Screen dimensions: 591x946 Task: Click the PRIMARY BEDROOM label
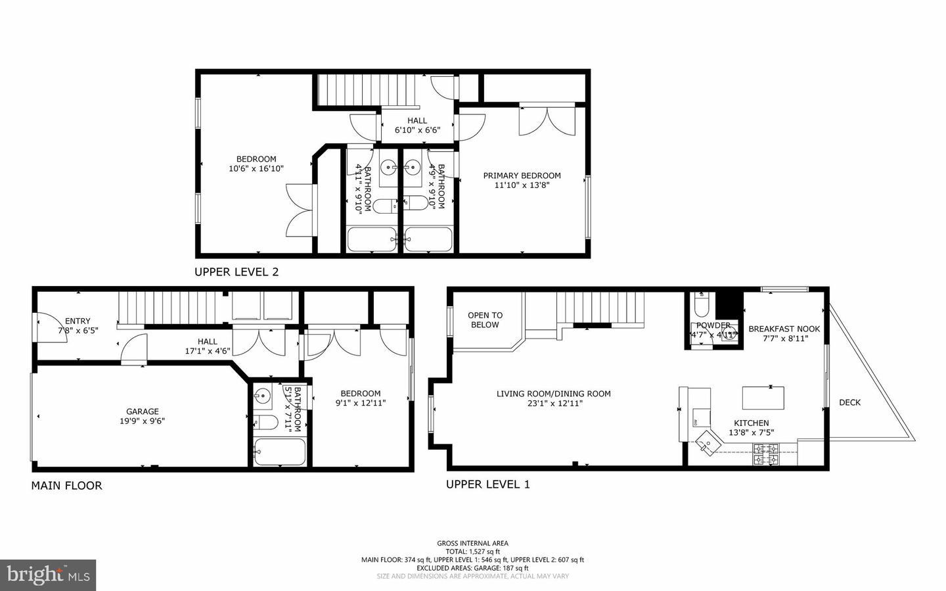tap(522, 176)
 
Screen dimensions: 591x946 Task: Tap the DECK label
tap(849, 402)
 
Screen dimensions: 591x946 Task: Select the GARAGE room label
tap(143, 412)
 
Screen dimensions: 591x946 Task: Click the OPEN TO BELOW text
tap(485, 320)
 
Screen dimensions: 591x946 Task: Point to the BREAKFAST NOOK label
tap(784, 329)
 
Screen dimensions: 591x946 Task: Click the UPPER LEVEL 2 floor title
tap(236, 272)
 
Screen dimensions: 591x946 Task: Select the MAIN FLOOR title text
tap(66, 486)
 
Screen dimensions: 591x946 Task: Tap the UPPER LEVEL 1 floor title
tap(487, 485)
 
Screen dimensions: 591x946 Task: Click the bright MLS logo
tap(48, 575)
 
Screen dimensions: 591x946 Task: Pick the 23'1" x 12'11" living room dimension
tap(553, 404)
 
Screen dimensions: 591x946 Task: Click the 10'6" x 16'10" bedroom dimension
tap(256, 169)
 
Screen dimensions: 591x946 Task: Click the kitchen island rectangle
tap(763, 398)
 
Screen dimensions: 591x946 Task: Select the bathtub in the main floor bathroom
tap(279, 452)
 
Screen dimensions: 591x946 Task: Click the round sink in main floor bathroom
tap(263, 396)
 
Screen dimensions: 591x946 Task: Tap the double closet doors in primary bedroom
tap(547, 120)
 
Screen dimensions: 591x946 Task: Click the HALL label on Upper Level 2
tap(417, 120)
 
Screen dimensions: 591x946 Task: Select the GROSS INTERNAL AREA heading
tap(472, 543)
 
